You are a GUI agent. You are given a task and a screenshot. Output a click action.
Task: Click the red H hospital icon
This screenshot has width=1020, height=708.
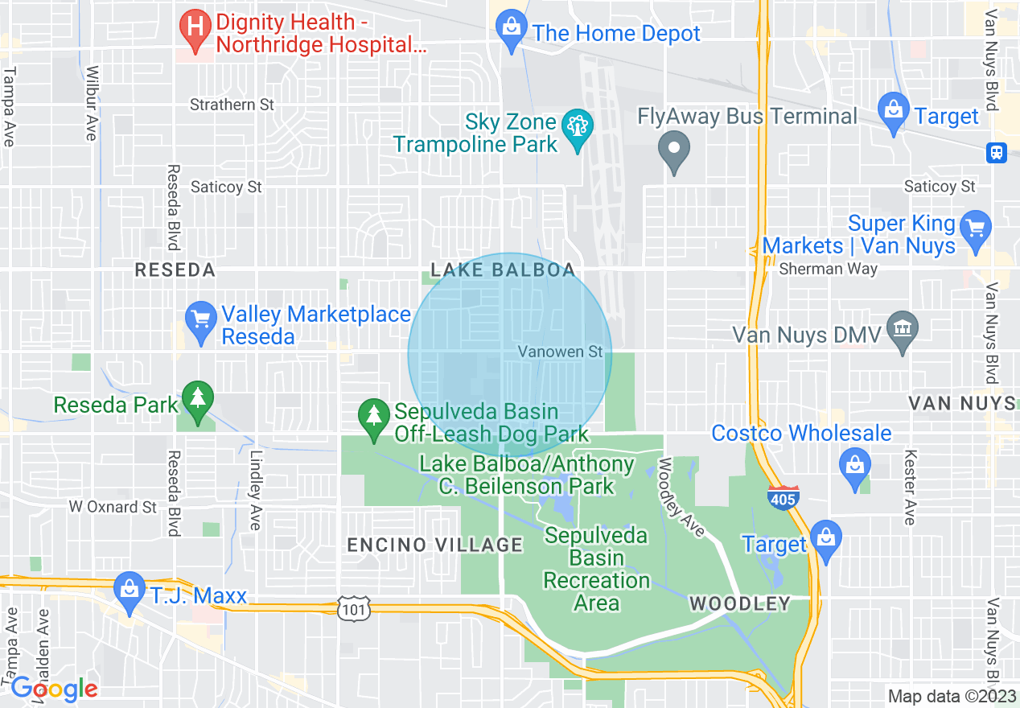(x=194, y=27)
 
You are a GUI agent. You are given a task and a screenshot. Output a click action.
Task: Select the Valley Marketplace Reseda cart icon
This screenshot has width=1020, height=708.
(x=199, y=320)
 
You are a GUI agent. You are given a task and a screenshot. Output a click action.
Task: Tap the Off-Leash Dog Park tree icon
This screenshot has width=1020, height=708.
(x=373, y=417)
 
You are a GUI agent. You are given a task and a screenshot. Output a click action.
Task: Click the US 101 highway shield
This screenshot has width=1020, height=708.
(x=355, y=608)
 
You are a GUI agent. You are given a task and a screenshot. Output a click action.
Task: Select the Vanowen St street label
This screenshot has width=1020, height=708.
(x=560, y=352)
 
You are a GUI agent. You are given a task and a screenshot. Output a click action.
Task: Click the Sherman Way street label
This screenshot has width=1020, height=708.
(x=828, y=270)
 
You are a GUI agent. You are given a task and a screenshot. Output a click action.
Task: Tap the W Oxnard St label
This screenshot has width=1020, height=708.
(x=113, y=507)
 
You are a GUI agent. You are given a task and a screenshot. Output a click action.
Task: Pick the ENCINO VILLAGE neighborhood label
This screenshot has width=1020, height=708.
(x=435, y=545)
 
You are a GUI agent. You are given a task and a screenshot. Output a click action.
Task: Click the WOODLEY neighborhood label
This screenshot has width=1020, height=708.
(x=739, y=603)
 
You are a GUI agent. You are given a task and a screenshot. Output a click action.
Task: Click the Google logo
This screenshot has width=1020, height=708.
(x=54, y=689)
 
